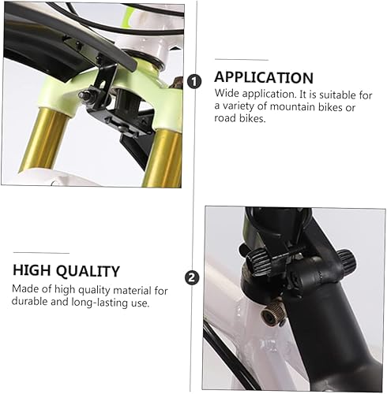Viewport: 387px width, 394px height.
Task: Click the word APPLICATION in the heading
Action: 264,78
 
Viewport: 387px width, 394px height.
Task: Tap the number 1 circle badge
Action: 197,80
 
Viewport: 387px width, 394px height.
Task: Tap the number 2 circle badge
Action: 191,277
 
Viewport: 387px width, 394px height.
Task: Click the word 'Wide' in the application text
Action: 227,94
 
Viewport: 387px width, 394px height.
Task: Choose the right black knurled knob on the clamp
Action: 345,259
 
